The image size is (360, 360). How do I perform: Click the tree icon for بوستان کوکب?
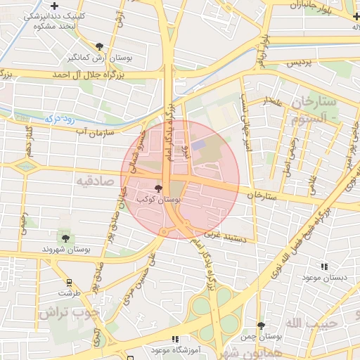(x=157, y=188)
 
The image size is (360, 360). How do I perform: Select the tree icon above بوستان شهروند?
(x=65, y=238)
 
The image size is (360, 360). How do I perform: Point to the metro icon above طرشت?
(x=69, y=282)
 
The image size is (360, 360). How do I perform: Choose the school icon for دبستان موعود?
(x=324, y=266)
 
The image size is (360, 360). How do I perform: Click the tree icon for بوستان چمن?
(x=262, y=326)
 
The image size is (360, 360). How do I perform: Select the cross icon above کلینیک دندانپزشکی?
(x=54, y=6)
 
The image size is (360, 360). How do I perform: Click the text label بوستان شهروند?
(x=63, y=250)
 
